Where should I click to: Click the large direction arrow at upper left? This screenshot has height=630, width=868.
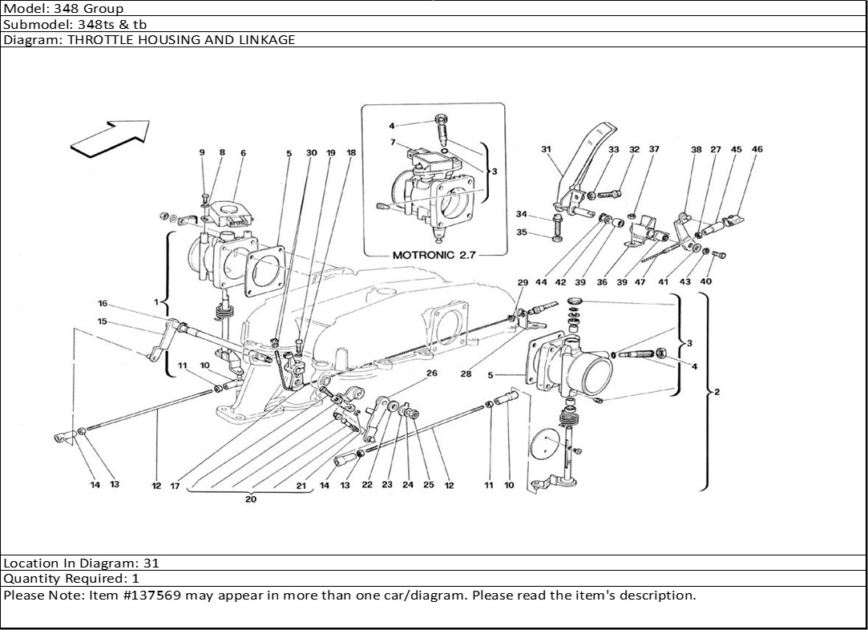111,139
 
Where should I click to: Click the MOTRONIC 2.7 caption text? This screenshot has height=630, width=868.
434,255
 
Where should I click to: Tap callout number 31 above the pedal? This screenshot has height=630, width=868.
547,149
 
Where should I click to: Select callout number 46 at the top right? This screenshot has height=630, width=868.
757,149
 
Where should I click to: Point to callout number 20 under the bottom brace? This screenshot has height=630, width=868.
251,499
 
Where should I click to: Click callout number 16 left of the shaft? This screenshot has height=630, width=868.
103,303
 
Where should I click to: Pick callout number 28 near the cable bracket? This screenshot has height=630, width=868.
466,374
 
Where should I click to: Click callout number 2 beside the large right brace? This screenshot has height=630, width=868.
717,392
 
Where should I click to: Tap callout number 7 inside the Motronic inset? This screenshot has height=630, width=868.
393,143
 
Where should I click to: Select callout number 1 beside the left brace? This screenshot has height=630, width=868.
156,302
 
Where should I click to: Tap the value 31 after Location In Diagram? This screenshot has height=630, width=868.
151,563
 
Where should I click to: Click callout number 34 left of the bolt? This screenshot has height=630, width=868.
522,214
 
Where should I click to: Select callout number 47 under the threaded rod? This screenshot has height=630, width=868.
640,282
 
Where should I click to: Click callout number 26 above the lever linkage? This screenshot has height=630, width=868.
432,374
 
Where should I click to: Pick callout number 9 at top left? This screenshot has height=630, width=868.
202,152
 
